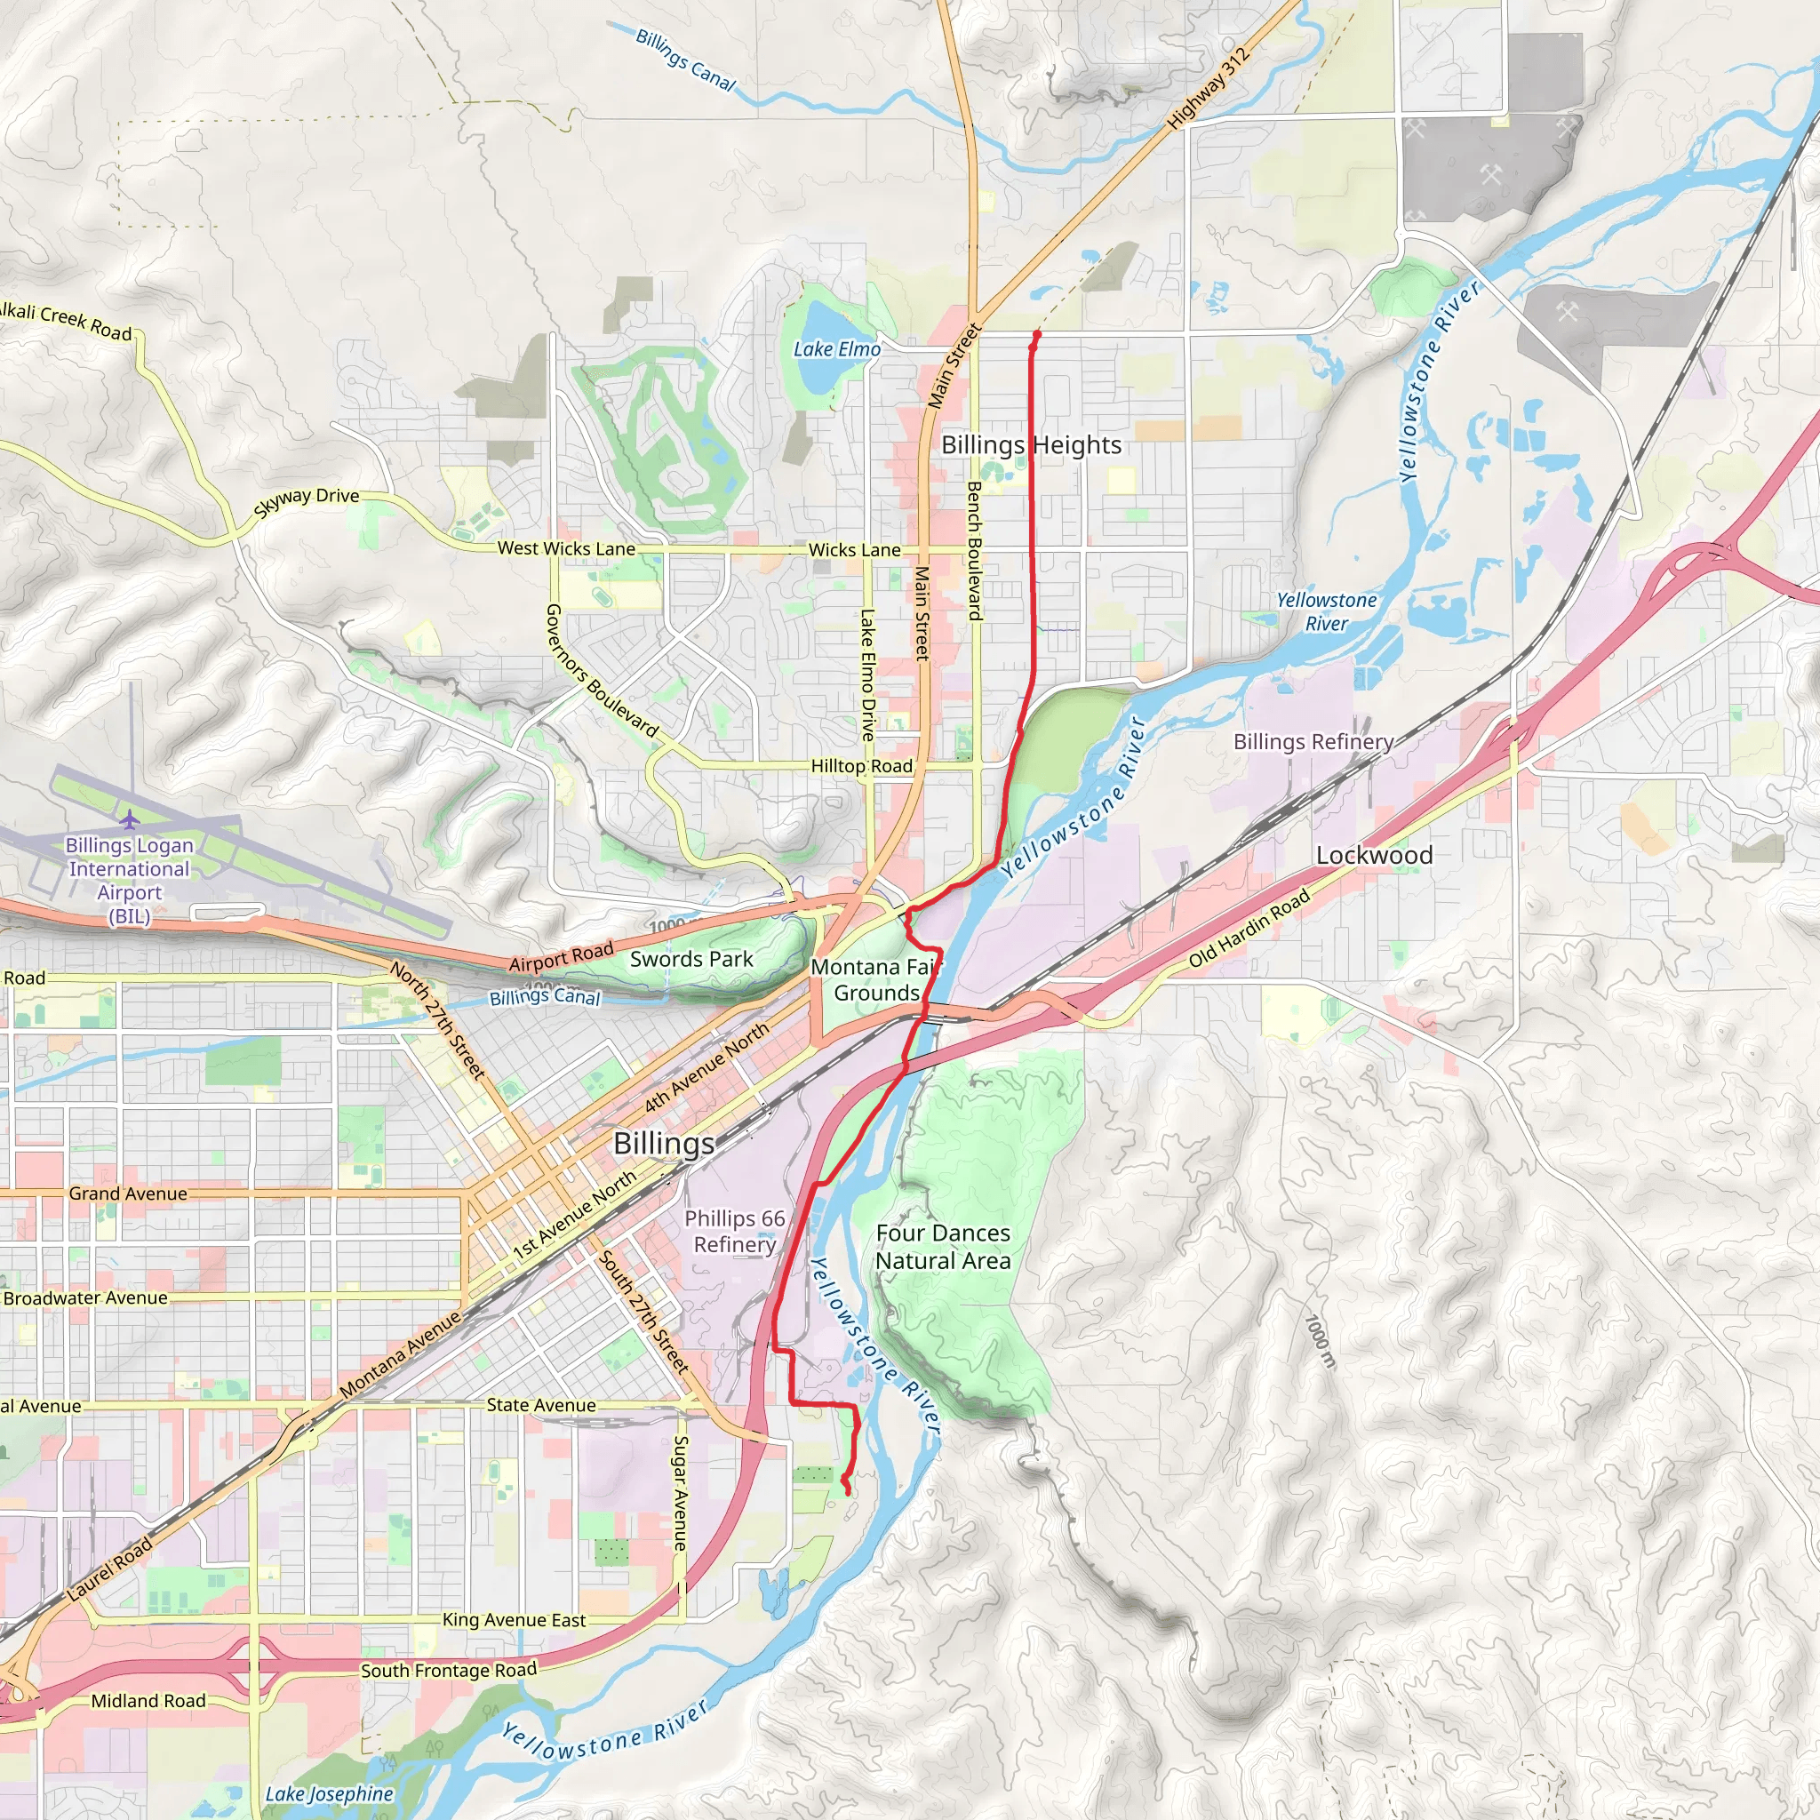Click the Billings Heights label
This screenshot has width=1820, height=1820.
tap(1032, 444)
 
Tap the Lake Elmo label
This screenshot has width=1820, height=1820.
tap(836, 349)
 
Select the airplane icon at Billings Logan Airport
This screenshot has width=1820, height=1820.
tap(130, 819)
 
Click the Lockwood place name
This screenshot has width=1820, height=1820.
tap(1374, 856)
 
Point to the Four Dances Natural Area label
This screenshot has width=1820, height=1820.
tap(943, 1246)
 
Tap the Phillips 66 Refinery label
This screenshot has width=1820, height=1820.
tap(735, 1231)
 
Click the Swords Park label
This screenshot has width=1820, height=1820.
tap(691, 959)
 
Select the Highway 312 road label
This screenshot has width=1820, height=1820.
tap(1209, 89)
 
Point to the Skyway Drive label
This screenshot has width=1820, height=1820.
tap(307, 503)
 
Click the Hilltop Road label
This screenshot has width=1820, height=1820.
tap(862, 766)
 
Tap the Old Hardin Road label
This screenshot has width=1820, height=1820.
tap(1249, 928)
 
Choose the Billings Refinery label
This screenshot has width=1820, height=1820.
tap(1313, 741)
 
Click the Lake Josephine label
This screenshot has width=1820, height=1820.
tap(329, 1793)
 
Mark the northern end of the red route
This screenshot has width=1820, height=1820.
tap(1037, 333)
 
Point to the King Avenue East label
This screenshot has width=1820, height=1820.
tap(515, 1619)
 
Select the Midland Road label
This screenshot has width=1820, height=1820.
tap(148, 1700)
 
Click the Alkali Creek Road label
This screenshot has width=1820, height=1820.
tap(66, 318)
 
